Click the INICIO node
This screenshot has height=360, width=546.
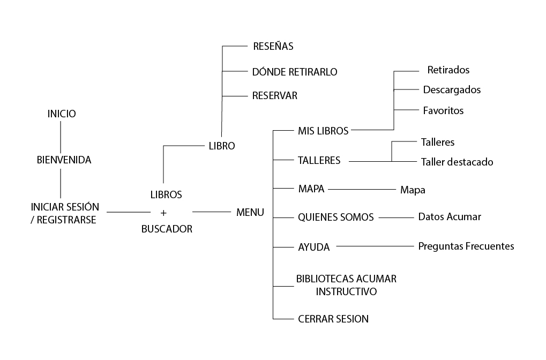point(62,114)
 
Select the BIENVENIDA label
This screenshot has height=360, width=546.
point(64,160)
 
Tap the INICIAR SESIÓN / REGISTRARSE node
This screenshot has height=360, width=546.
point(65,213)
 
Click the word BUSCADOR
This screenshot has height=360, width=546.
point(167,229)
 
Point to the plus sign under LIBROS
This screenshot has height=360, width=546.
point(164,212)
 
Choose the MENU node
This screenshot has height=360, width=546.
point(250,212)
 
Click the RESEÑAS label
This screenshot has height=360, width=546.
point(273,46)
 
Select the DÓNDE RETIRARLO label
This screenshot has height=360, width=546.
point(295,71)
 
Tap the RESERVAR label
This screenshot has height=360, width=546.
point(274,96)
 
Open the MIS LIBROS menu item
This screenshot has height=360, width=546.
point(323,130)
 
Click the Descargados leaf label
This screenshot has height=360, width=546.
point(452,89)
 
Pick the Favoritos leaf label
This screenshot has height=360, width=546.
point(443,111)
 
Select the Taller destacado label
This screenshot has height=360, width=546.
point(457,162)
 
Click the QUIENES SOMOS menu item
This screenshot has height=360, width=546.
point(335,217)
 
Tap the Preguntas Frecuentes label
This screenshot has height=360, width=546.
point(466,246)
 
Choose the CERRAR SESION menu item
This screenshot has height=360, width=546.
point(333,319)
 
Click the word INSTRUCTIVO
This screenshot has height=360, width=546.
point(346,291)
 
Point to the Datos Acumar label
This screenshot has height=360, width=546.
point(450,217)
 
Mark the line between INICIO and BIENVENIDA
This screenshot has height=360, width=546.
point(61,137)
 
